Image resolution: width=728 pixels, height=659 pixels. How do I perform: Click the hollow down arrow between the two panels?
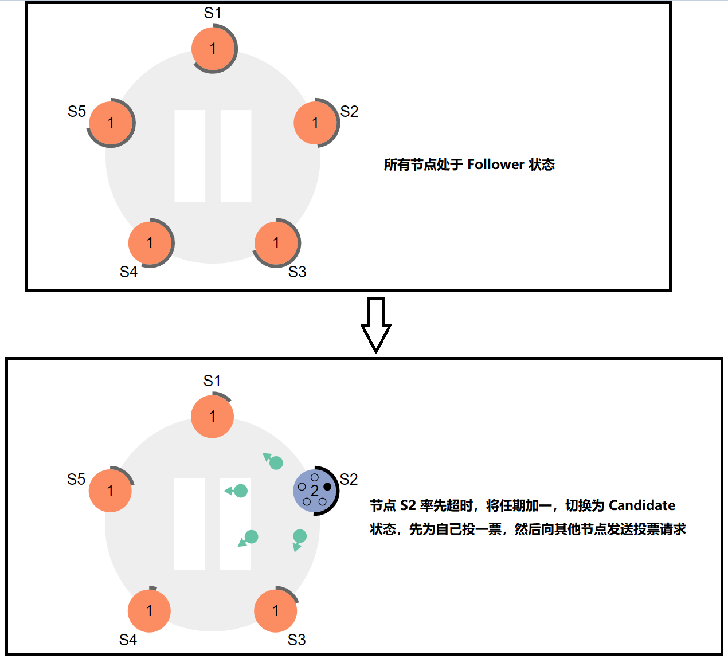376,324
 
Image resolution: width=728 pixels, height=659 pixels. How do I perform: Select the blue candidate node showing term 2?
314,491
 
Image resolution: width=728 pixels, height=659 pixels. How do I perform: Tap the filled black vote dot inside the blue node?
327,487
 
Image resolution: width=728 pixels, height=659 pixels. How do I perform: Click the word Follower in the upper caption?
496,165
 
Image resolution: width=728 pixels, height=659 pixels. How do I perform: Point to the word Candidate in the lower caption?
642,505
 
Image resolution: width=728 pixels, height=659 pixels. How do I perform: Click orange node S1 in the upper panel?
213,49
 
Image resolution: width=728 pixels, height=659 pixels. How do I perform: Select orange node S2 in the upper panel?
315,123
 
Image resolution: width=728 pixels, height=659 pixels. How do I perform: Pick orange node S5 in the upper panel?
111,123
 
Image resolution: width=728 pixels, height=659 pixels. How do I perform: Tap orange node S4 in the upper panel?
150,243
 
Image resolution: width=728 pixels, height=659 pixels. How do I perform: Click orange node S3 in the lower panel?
276,611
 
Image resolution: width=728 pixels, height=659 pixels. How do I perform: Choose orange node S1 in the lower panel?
212,417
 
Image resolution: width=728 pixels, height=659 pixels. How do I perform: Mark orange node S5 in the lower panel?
110,491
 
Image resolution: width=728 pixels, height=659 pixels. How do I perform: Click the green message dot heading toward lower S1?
276,462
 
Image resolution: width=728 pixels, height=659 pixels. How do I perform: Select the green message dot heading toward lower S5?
241,491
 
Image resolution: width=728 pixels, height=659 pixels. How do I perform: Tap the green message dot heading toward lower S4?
251,537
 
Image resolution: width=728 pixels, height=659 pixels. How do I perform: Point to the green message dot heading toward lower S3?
299,536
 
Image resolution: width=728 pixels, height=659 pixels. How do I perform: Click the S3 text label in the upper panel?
297,272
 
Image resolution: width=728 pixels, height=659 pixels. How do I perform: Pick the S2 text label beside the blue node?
349,479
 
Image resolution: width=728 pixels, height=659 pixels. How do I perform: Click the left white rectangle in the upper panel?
190,156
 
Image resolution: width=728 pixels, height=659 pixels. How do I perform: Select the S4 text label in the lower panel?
128,640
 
